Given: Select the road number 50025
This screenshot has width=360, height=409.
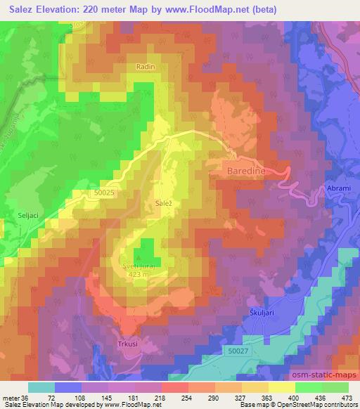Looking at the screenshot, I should click(x=103, y=191).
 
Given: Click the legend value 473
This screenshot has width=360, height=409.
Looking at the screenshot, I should click(x=347, y=397).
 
